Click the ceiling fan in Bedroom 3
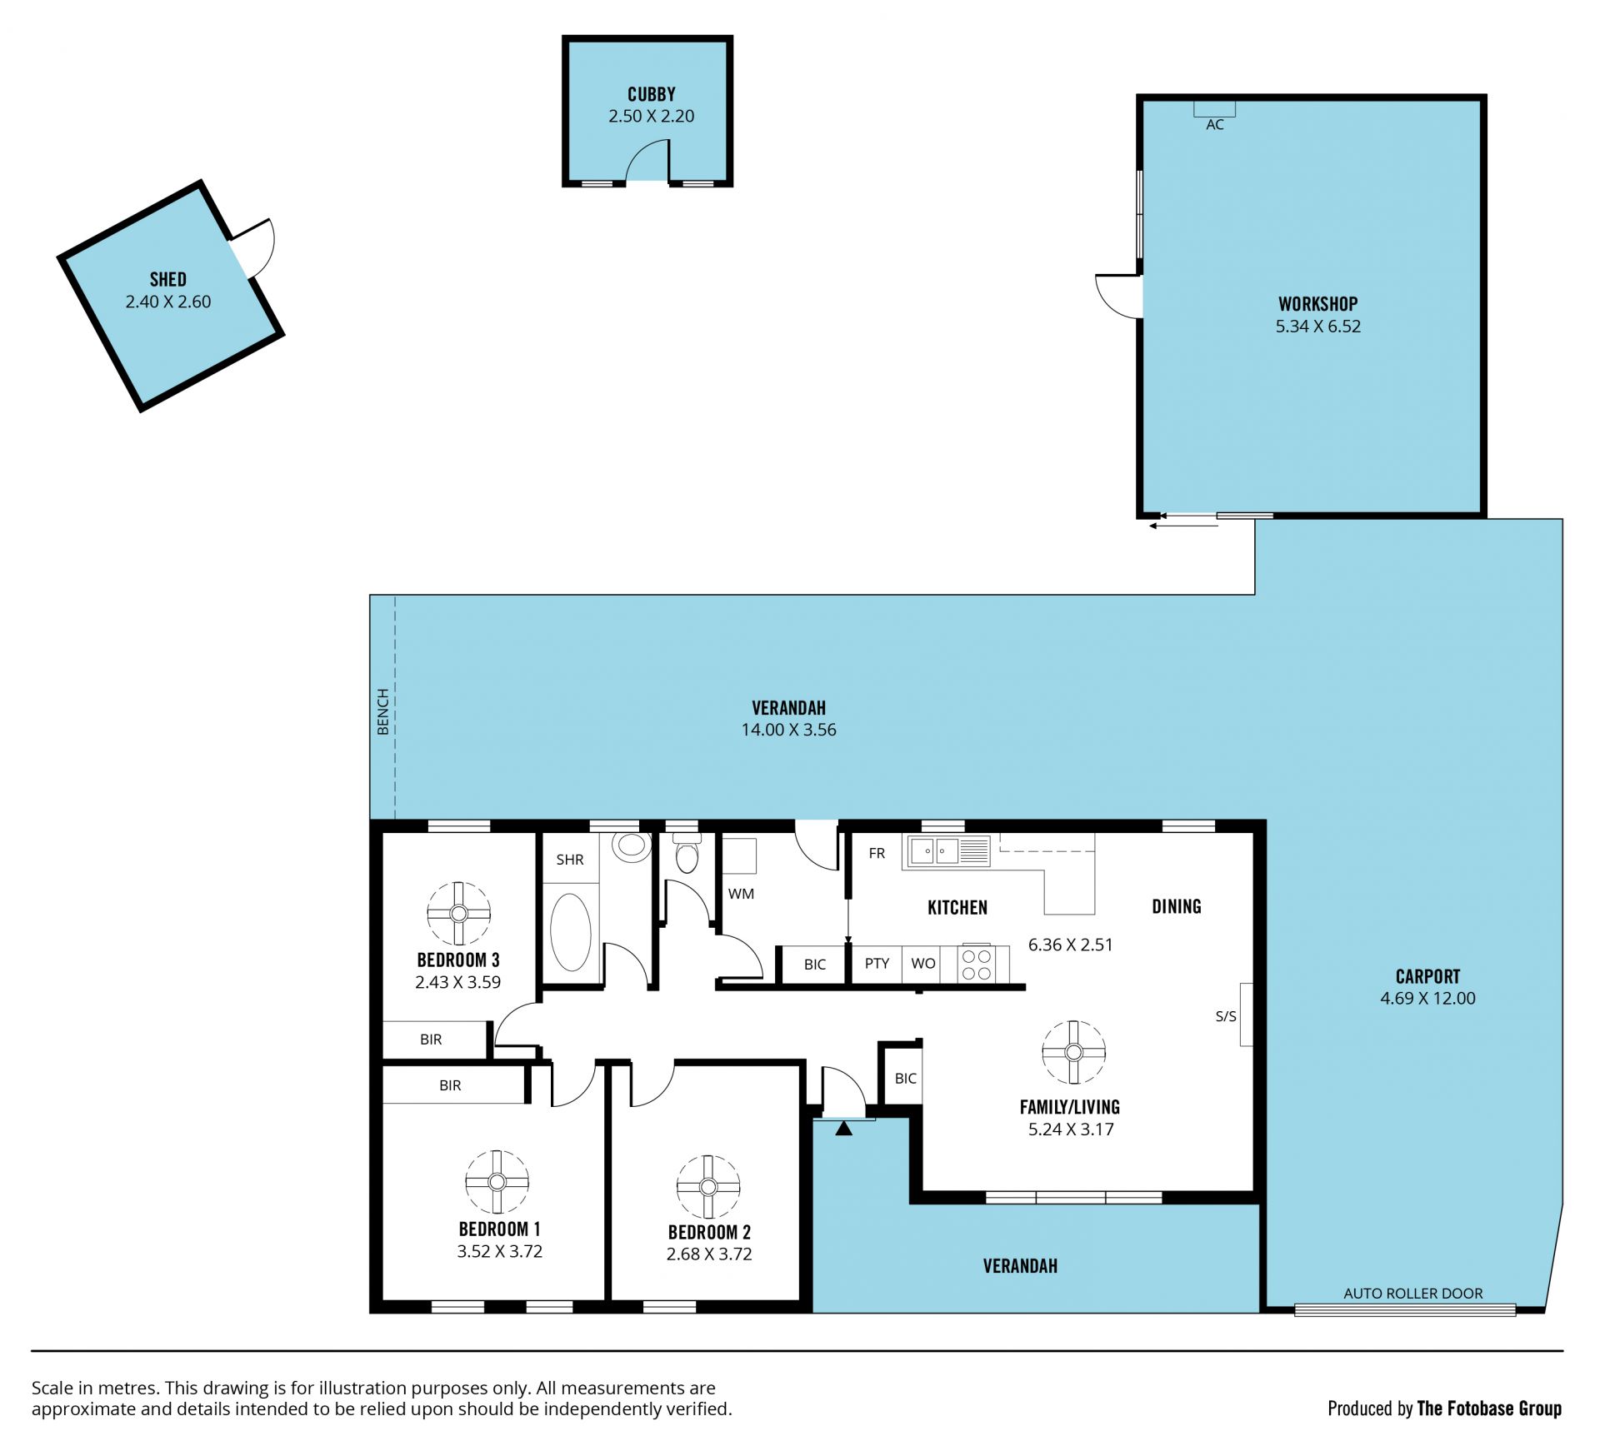coord(458,913)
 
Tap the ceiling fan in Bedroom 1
coord(497,1182)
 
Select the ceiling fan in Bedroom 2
coord(708,1186)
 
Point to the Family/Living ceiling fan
coord(1073,1052)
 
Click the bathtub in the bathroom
coord(571,932)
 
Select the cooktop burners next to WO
coord(976,965)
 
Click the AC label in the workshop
coord(1215,125)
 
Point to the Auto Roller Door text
coord(1413,1294)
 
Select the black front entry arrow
coord(844,1129)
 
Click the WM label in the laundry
coord(741,894)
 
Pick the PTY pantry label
coord(877,964)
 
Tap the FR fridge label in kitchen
coord(877,853)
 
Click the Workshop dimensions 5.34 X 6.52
coord(1317,327)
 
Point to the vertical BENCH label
coord(382,711)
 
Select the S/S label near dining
coord(1226,1016)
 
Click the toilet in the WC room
coord(686,853)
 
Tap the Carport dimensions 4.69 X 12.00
coord(1427,998)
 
